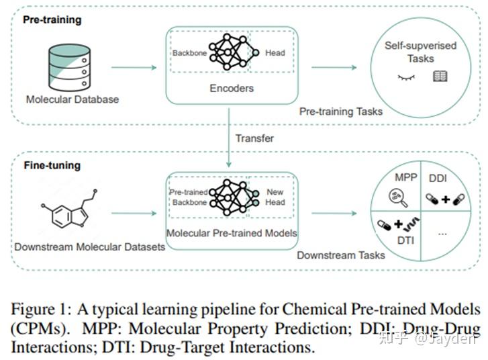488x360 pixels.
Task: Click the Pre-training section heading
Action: click(52, 19)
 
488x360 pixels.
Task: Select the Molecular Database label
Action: click(72, 99)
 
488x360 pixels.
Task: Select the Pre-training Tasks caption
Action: click(340, 111)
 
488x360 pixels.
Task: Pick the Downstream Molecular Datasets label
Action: click(90, 246)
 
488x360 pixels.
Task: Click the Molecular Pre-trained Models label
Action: click(232, 234)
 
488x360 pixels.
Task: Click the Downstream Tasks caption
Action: click(341, 255)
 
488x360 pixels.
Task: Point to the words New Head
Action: click(275, 197)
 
